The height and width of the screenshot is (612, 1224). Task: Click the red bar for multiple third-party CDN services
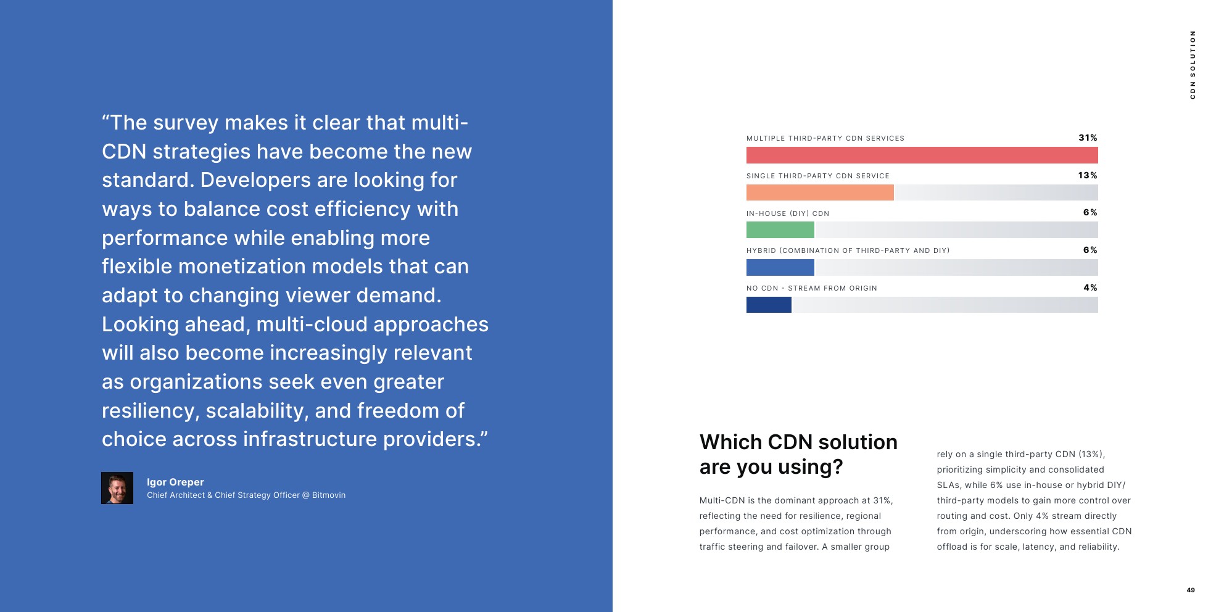coord(922,155)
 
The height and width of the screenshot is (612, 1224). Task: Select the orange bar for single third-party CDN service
coord(820,192)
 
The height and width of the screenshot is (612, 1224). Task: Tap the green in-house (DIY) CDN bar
coord(780,229)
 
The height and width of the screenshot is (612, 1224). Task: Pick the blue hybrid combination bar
coord(780,267)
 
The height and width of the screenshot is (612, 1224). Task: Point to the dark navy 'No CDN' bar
coord(769,305)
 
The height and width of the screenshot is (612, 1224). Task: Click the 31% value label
coord(1088,138)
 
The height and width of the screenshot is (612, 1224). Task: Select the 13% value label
coord(1088,175)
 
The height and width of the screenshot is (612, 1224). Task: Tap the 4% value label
coord(1090,287)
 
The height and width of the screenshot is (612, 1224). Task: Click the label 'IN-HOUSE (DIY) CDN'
coord(788,213)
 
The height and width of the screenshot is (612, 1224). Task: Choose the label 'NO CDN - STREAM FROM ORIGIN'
coord(812,288)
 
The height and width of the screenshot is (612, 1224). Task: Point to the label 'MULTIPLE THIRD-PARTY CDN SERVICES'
coord(825,138)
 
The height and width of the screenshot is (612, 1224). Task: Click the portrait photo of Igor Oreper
coord(117,488)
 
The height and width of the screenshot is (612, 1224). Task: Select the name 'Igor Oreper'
coord(175,482)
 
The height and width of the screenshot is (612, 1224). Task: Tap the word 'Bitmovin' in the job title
coord(329,495)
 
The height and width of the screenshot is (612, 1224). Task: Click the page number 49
coord(1191,590)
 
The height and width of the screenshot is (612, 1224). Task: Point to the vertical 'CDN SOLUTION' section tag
coord(1193,65)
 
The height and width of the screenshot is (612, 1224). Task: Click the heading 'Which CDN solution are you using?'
coord(798,454)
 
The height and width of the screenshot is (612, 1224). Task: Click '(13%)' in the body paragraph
coord(1092,454)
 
